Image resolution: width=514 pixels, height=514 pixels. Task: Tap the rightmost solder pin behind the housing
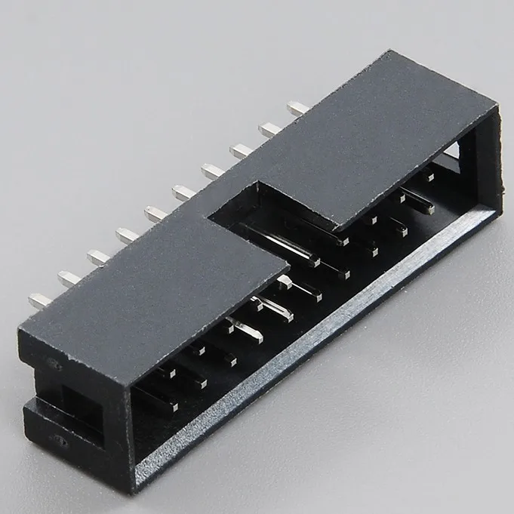[297, 108]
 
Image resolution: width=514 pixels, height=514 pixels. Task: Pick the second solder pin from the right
[269, 129]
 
